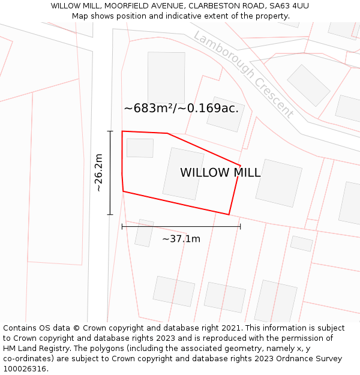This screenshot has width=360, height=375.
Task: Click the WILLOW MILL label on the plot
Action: [x=220, y=173]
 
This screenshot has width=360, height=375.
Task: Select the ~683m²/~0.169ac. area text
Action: [x=181, y=109]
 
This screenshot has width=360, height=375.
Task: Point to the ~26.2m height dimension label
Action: [x=99, y=173]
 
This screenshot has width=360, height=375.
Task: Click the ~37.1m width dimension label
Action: [x=181, y=239]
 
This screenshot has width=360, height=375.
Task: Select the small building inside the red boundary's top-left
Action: [x=140, y=148]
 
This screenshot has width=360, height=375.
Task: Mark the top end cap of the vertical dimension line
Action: [x=110, y=131]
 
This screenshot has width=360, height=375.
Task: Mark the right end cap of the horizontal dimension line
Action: [x=240, y=226]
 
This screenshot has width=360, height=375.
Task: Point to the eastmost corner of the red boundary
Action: [x=240, y=166]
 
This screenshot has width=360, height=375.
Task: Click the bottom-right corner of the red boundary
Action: [x=229, y=214]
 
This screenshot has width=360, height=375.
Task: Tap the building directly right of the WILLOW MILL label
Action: [x=279, y=183]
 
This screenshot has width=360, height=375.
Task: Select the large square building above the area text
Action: [x=166, y=77]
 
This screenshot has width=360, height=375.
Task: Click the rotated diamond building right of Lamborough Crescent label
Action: [x=308, y=85]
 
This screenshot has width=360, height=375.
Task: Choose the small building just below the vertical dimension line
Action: [x=144, y=233]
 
